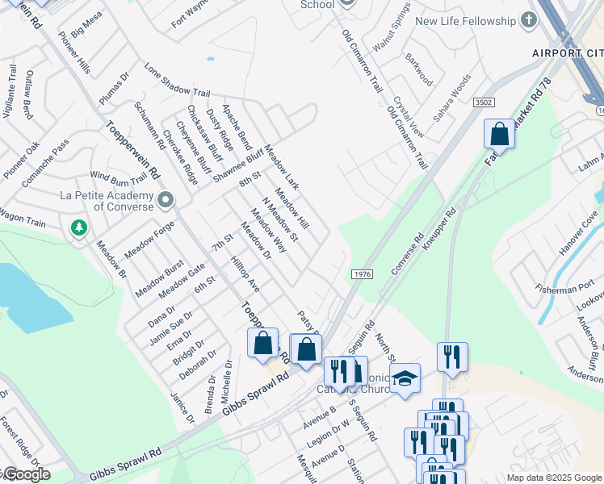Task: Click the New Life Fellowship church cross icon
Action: (529, 21)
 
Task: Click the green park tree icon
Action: (79, 228)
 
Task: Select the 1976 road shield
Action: (362, 275)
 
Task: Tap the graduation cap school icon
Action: (405, 378)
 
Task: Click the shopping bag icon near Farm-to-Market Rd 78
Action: (500, 134)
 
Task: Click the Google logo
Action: (26, 474)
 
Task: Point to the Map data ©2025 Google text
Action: (554, 478)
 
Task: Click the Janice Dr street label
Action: (182, 407)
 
